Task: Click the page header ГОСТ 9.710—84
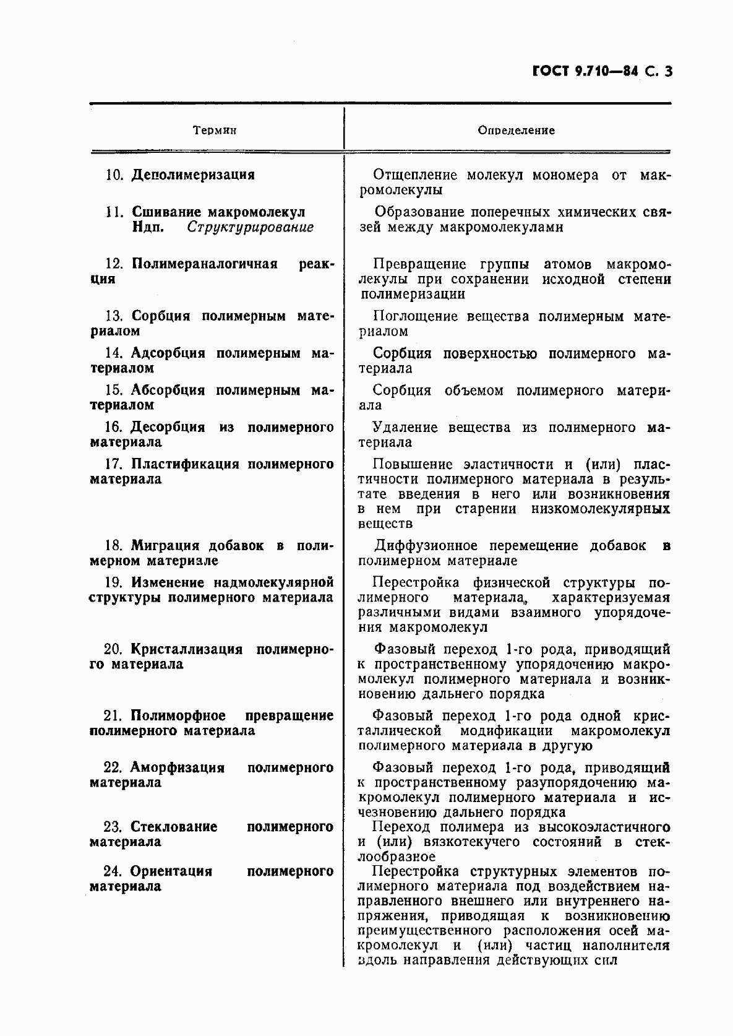pyautogui.click(x=585, y=72)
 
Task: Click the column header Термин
pyautogui.click(x=215, y=131)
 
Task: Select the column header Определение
pyautogui.click(x=516, y=131)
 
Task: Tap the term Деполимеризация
pyautogui.click(x=193, y=175)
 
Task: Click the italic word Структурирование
pyautogui.click(x=251, y=227)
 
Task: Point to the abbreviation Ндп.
pyautogui.click(x=148, y=227)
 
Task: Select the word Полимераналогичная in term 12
pyautogui.click(x=204, y=264)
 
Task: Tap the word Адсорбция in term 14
pyautogui.click(x=168, y=353)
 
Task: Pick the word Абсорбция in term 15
pyautogui.click(x=168, y=391)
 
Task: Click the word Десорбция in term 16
pyautogui.click(x=167, y=427)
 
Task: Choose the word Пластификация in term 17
pyautogui.click(x=185, y=464)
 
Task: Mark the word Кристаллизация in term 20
pyautogui.click(x=186, y=649)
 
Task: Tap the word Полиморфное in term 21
pyautogui.click(x=178, y=716)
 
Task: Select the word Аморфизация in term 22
pyautogui.click(x=177, y=768)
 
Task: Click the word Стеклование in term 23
pyautogui.click(x=174, y=827)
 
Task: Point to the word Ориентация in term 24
pyautogui.click(x=171, y=872)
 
